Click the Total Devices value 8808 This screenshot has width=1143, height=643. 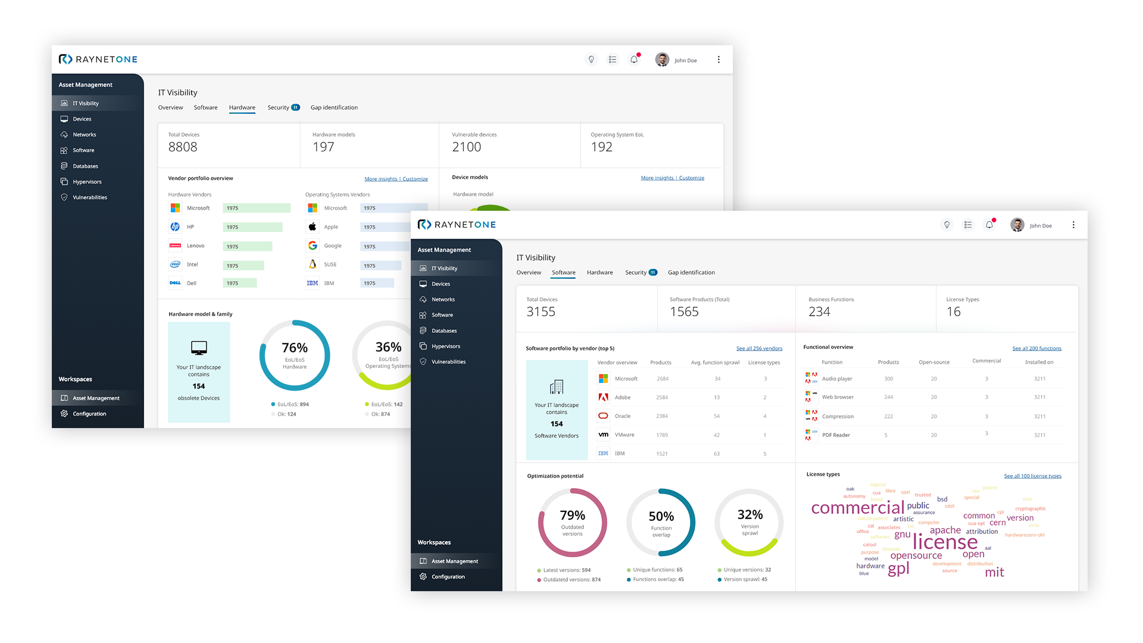tap(183, 147)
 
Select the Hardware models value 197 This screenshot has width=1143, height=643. tap(323, 147)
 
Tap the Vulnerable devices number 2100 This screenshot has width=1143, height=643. tap(466, 147)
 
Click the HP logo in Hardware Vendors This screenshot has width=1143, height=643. tap(175, 227)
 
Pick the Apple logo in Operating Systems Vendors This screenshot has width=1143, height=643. tap(313, 227)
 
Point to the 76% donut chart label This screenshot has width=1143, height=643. tap(295, 348)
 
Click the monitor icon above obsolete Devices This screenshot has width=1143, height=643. tap(199, 348)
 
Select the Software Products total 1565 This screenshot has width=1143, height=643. tap(684, 312)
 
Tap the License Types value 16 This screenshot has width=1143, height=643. tap(953, 312)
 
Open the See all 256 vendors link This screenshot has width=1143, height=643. tap(759, 349)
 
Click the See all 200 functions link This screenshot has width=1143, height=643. tap(1036, 349)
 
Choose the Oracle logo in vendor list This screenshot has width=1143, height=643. tap(603, 416)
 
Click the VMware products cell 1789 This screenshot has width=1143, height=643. tap(662, 435)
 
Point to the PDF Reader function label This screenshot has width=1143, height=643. tap(836, 435)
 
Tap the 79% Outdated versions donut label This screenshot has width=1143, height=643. tap(572, 516)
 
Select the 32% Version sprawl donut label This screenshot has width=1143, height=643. tap(749, 515)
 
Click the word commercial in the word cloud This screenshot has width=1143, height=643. tap(857, 508)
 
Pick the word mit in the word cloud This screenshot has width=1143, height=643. tap(994, 573)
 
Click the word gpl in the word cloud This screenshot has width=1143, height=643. tap(898, 569)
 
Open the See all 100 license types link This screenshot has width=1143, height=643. tap(1032, 476)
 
